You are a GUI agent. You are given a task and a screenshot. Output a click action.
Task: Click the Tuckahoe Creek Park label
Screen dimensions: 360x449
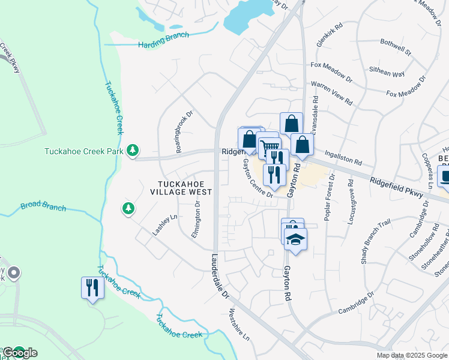tap(83, 151)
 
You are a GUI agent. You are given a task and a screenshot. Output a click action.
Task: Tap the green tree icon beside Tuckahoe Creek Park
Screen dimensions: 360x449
tap(133, 150)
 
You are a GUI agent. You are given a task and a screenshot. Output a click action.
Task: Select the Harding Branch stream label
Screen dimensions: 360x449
tap(163, 40)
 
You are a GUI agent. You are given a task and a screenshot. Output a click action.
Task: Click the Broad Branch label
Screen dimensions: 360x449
tap(43, 206)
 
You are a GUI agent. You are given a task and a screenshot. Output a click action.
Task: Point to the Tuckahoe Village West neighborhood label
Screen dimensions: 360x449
tap(185, 188)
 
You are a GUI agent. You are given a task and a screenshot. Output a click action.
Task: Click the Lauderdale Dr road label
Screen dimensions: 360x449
tap(220, 276)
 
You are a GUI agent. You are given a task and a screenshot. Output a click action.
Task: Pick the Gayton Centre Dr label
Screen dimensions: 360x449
tap(258, 178)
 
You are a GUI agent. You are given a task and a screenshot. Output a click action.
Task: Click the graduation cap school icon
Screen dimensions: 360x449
tap(295, 240)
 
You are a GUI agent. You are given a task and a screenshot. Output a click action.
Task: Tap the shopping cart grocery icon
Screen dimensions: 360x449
tap(270, 146)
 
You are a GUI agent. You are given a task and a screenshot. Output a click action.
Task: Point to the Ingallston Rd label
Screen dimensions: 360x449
tap(345, 158)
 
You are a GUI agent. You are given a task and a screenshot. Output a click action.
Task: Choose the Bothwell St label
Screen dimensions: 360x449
tap(396, 47)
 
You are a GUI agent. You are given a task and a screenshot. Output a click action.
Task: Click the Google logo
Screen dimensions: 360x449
tap(20, 353)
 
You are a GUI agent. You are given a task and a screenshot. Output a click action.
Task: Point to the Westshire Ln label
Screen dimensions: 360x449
tap(240, 325)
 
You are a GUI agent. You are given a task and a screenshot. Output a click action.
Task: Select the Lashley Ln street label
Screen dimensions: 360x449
tap(158, 225)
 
